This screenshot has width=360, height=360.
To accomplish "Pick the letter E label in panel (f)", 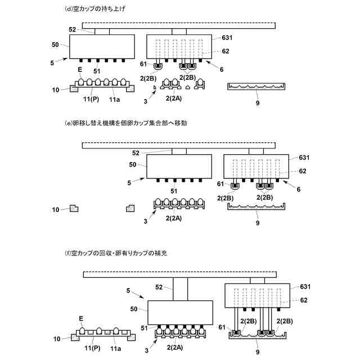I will coord(82,318).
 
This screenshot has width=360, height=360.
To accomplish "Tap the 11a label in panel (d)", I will coord(115,99).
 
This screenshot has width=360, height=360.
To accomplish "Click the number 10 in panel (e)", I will coord(55,209).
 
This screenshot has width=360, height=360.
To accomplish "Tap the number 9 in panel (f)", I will coord(258,352).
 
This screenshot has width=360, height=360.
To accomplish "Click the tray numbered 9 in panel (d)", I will coord(256,87).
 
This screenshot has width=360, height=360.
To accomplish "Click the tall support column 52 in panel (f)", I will coord(181,289).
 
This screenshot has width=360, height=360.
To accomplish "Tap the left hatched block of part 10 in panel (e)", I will coord(74,208).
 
